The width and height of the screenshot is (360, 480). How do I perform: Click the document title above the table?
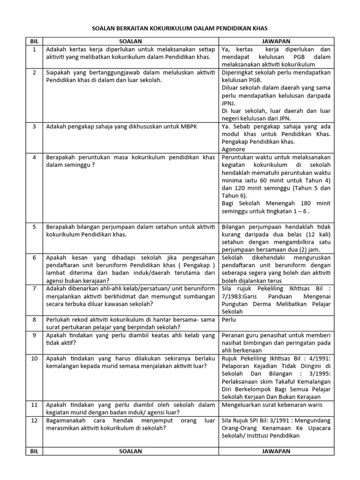click(x=180, y=29)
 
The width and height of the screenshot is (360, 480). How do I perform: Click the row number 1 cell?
click(x=34, y=49)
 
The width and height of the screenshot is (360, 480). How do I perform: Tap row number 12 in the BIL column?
click(x=34, y=421)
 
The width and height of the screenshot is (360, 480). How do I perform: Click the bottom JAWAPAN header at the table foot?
click(x=276, y=451)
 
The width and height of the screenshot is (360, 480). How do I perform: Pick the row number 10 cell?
click(x=34, y=359)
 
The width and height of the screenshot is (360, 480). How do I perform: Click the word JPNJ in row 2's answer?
click(x=230, y=104)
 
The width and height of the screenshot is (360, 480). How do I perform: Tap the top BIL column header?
click(x=34, y=41)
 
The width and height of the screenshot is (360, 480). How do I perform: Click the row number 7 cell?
click(x=34, y=288)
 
